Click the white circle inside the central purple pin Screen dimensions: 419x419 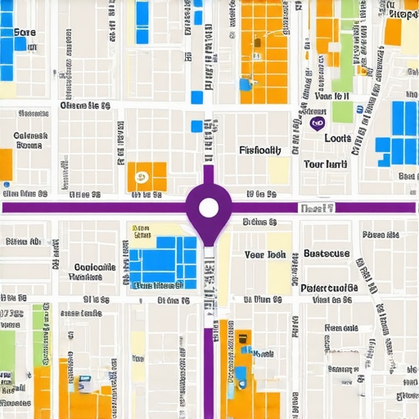click(209, 207)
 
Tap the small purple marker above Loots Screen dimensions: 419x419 click(316, 122)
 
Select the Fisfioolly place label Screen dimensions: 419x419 click(260, 151)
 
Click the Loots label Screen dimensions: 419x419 click(337, 138)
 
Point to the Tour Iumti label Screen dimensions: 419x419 click(326, 164)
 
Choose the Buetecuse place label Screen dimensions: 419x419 click(327, 254)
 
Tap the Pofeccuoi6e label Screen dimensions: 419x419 click(329, 287)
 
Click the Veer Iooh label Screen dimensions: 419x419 click(265, 255)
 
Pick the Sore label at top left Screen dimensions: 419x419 click(25, 33)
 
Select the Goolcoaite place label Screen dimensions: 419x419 click(94, 268)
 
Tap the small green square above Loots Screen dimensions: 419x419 click(342, 112)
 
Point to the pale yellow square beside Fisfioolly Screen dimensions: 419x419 click(279, 170)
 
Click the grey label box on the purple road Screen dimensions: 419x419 click(316, 209)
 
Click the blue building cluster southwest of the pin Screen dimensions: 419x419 click(164, 264)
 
